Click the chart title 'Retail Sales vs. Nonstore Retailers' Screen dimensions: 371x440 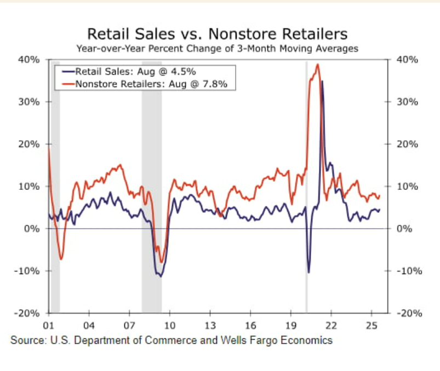(217, 34)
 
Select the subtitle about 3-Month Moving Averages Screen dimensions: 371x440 (218, 49)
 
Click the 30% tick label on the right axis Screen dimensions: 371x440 (406, 102)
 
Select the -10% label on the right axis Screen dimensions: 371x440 (408, 271)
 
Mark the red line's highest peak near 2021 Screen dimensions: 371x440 (318, 65)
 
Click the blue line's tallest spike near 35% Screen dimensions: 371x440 (322, 81)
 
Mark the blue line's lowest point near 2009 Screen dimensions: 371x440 (161, 276)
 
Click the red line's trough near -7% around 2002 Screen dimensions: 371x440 (61, 259)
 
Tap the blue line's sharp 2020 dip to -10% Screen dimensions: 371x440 (308, 272)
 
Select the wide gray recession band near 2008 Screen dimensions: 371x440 (152, 186)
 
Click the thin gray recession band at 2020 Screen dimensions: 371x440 (306, 186)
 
